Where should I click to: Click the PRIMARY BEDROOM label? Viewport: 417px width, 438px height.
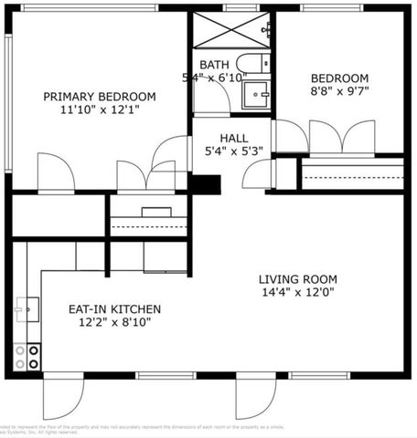point(100,96)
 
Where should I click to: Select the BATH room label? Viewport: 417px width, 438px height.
point(214,65)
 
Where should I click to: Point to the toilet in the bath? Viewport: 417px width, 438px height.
point(252,63)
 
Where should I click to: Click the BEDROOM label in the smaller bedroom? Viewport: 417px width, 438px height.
point(339,78)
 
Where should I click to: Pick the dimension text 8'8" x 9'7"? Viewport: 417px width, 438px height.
point(339,91)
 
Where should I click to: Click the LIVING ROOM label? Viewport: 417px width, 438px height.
point(297,279)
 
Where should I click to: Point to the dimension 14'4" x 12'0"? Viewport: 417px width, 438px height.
point(297,293)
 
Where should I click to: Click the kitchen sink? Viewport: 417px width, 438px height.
point(27,309)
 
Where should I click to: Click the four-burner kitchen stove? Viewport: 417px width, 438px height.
point(33,355)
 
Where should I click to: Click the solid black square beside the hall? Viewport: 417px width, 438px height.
point(205,183)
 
